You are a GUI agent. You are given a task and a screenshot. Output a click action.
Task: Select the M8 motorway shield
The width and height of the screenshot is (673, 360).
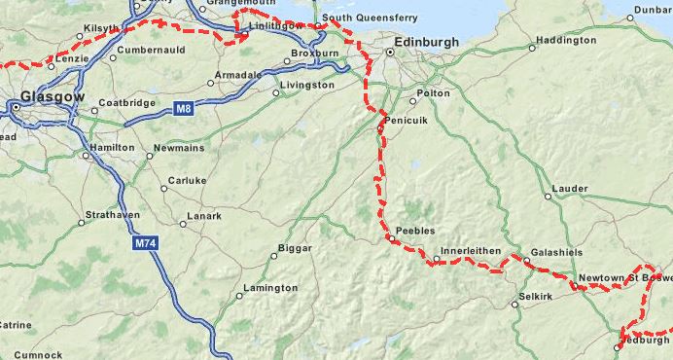[x=183, y=109]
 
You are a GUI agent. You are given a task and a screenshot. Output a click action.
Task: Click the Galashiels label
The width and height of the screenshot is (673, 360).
[x=558, y=252]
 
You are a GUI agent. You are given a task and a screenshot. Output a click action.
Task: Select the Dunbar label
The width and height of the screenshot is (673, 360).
[x=653, y=11]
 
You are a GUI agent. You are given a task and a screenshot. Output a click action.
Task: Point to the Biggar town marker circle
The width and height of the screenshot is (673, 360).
[x=274, y=257]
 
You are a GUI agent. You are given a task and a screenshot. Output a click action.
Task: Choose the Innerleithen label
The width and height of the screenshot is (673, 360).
[x=471, y=251]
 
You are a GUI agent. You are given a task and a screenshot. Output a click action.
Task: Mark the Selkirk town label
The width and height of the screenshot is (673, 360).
[x=536, y=295]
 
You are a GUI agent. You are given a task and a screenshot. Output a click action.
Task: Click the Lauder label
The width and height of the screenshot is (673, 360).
[x=569, y=188]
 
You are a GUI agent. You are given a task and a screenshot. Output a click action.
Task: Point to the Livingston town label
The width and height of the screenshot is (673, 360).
[x=306, y=86]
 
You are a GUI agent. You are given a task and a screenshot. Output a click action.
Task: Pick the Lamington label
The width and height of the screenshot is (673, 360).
[x=271, y=288]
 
